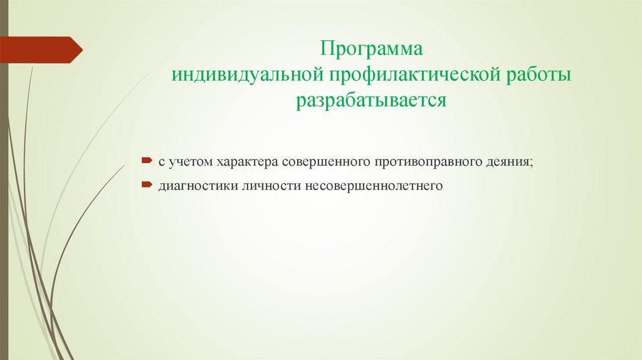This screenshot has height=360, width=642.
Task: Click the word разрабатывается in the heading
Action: pyautogui.click(x=372, y=101)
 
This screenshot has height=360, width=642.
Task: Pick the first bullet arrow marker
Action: pyautogui.click(x=145, y=161)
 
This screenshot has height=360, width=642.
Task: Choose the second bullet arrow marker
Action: pyautogui.click(x=145, y=185)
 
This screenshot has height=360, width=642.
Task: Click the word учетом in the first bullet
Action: pyautogui.click(x=190, y=162)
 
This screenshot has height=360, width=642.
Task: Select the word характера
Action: pyautogui.click(x=247, y=162)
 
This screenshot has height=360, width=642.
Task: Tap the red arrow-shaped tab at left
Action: pyautogui.click(x=41, y=50)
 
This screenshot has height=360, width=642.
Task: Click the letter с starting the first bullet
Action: pyautogui.click(x=161, y=162)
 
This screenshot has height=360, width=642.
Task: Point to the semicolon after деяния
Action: pyautogui.click(x=532, y=163)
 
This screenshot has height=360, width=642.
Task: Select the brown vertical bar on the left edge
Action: pyautogui.click(x=4, y=188)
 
